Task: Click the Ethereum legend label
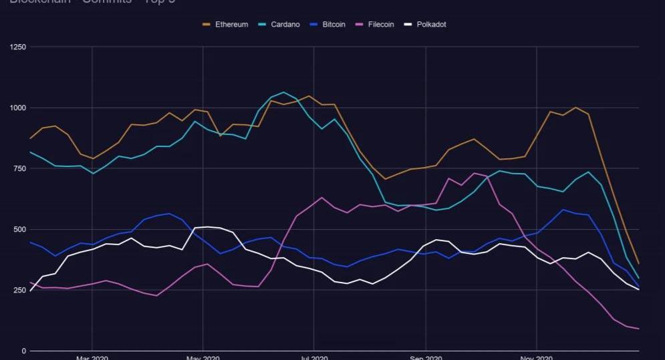[x=231, y=25]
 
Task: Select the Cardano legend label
[x=285, y=25]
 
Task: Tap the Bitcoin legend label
[x=334, y=25]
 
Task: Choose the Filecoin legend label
[x=380, y=25]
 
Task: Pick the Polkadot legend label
[x=431, y=25]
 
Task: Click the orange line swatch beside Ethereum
[x=207, y=25]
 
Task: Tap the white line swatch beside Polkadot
[x=407, y=25]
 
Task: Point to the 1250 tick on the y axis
[x=18, y=47]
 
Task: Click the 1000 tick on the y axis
[x=18, y=108]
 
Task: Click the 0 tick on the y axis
[x=23, y=351]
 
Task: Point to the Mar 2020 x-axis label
[x=92, y=358]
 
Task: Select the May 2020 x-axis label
[x=203, y=358]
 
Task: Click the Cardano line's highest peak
[x=283, y=92]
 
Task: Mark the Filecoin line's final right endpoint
[x=639, y=329]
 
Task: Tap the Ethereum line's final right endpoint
[x=639, y=264]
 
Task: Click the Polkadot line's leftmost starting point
[x=31, y=291]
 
